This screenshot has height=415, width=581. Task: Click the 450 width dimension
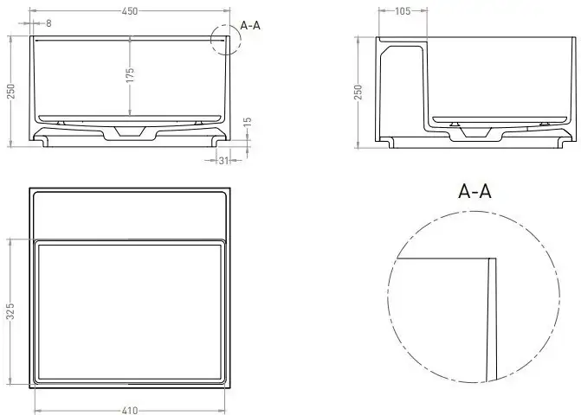130,11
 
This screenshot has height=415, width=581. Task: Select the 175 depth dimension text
130,76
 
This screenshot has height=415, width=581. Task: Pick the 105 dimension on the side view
402,11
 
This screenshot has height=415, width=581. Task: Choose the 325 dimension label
11,310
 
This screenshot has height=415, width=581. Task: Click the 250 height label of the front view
11,91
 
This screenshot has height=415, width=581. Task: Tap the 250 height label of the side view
358,92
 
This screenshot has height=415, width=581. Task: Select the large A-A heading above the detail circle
474,192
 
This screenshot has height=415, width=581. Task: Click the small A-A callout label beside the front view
250,25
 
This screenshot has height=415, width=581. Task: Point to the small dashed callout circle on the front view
225,40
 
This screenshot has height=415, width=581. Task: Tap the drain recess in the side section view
477,131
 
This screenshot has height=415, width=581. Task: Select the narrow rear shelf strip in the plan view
131,214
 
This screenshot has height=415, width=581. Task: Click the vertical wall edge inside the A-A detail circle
490,320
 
